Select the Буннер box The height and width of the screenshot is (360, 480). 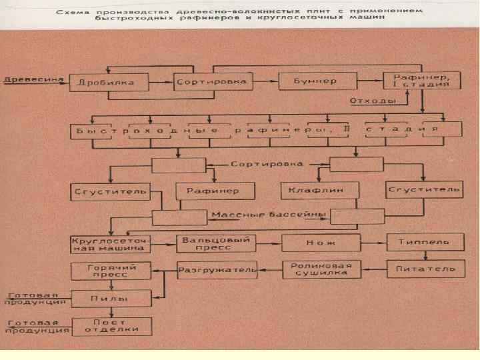coord(314,81)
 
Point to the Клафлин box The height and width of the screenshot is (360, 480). coord(314,191)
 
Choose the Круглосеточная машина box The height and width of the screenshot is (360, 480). coord(111,243)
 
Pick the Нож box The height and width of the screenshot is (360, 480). coord(321,243)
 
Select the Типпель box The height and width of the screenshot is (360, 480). coord(424,243)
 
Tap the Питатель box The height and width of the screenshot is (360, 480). coord(424,269)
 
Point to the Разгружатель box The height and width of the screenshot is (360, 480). coord(217,270)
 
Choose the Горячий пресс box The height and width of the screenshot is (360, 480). coord(111,271)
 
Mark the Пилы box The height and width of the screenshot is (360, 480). coord(111,299)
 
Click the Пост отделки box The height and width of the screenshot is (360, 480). coord(111,326)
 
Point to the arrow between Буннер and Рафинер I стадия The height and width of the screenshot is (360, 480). coord(369,81)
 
